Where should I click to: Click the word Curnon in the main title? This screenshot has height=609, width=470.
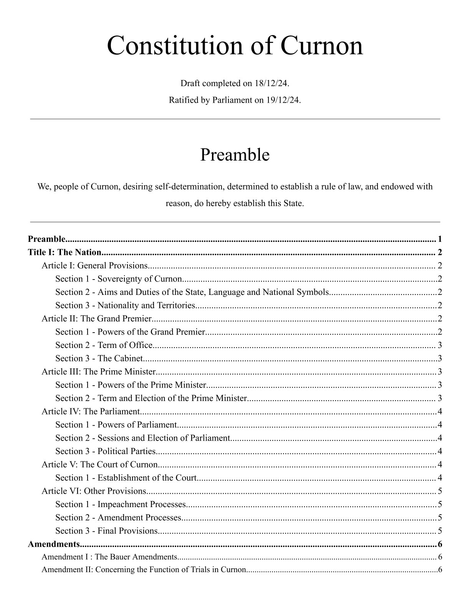pyautogui.click(x=322, y=46)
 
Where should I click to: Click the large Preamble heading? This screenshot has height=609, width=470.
pyautogui.click(x=235, y=155)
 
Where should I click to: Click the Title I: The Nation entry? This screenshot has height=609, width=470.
pyautogui.click(x=65, y=253)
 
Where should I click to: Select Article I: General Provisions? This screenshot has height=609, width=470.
pyautogui.click(x=94, y=266)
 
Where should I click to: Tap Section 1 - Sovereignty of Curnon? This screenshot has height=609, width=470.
pyautogui.click(x=118, y=279)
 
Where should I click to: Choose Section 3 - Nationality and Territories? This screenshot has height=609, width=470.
pyautogui.click(x=125, y=306)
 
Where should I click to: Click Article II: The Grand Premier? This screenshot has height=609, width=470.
pyautogui.click(x=97, y=319)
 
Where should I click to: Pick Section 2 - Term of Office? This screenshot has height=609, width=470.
pyautogui.click(x=104, y=345)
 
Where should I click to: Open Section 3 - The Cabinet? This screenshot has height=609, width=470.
pyautogui.click(x=99, y=359)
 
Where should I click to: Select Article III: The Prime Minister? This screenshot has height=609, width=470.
pyautogui.click(x=98, y=372)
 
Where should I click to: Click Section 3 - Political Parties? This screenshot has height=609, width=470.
pyautogui.click(x=105, y=451)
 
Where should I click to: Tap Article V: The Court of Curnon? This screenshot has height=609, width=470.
pyautogui.click(x=99, y=464)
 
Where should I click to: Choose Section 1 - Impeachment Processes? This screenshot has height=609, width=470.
pyautogui.click(x=120, y=504)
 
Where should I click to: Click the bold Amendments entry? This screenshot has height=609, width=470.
pyautogui.click(x=54, y=544)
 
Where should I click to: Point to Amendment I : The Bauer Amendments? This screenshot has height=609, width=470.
pyautogui.click(x=109, y=557)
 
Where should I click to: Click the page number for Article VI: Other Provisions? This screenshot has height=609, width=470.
pyautogui.click(x=440, y=491)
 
